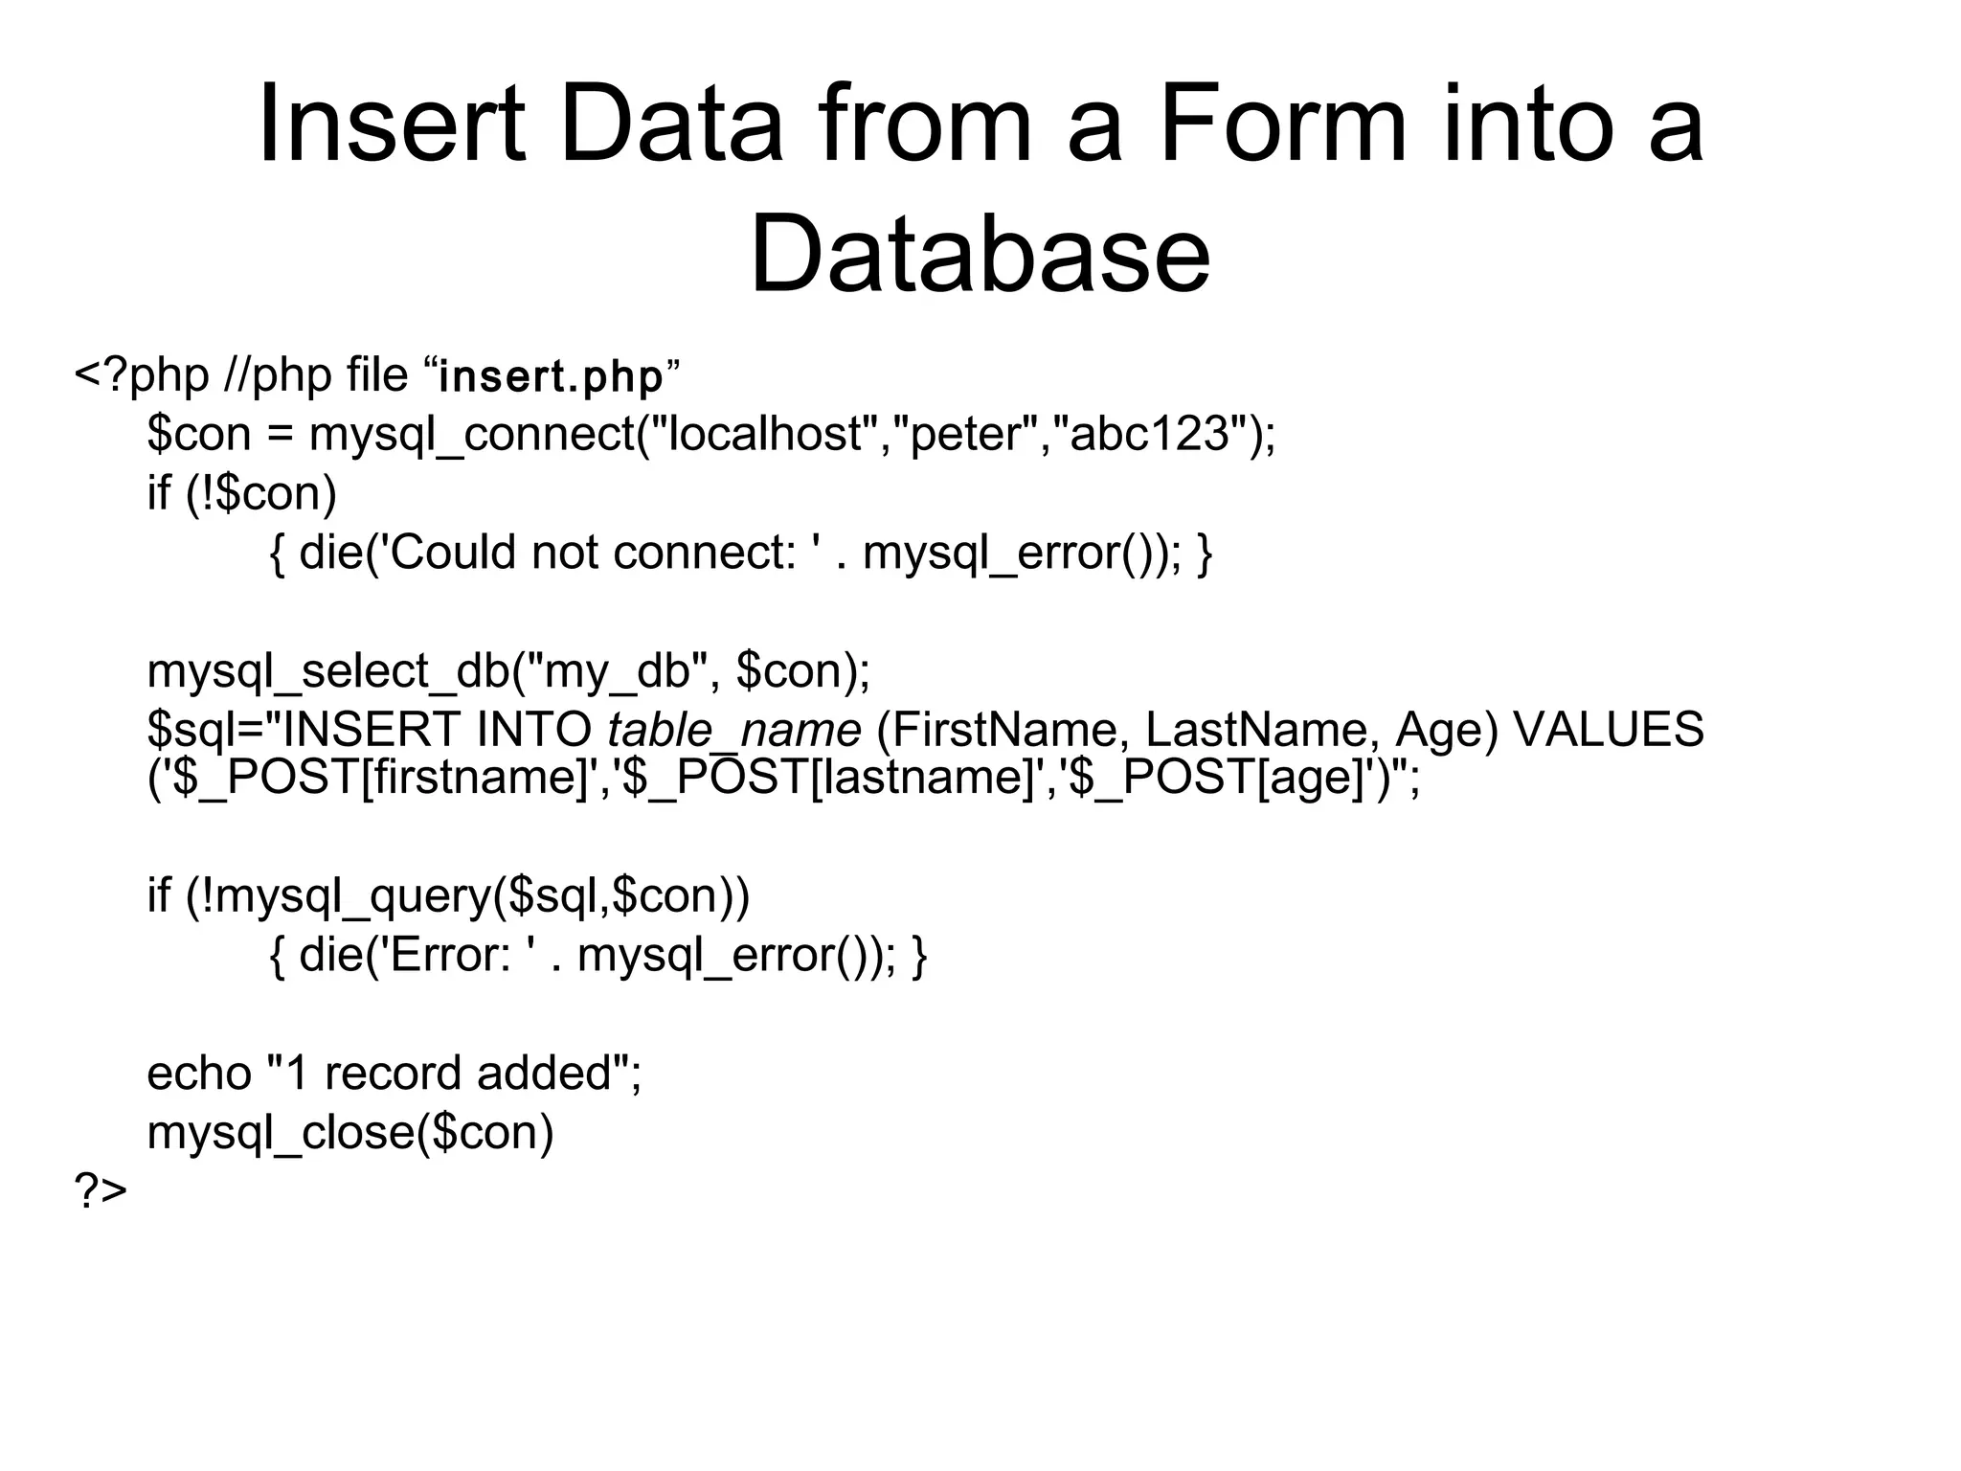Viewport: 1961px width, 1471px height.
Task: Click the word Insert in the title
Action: pyautogui.click(x=392, y=124)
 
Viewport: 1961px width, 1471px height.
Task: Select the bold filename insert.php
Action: pyautogui.click(x=551, y=376)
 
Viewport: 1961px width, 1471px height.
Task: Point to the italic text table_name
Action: pyautogui.click(x=734, y=731)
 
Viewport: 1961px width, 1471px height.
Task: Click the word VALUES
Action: pyautogui.click(x=1609, y=731)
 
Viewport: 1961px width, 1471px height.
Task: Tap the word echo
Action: pyautogui.click(x=198, y=1074)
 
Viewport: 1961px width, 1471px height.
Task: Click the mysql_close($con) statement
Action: pyautogui.click(x=350, y=1133)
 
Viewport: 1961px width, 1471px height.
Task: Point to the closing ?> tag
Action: pyautogui.click(x=101, y=1191)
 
